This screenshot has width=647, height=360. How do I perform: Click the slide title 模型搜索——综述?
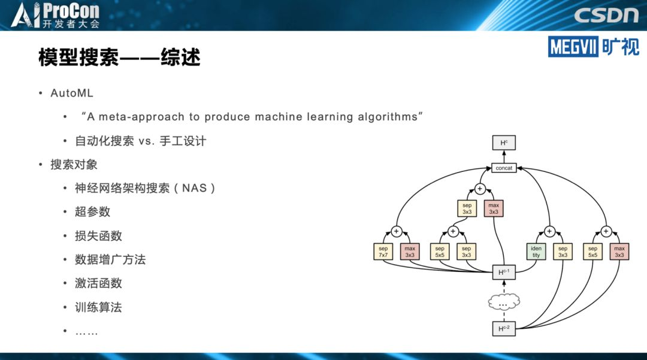coord(119,58)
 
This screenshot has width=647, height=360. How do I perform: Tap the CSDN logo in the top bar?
coord(606,15)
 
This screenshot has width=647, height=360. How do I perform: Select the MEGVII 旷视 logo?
coord(593,46)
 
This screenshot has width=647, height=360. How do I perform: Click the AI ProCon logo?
coord(55,15)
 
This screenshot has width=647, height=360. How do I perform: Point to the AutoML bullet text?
coord(72,93)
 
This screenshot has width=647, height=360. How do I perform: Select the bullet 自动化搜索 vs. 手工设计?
coord(140,141)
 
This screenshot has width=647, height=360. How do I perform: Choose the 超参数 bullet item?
coord(92,212)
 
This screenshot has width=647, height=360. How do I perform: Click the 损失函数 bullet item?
coord(98,236)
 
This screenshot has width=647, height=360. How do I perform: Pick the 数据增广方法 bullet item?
coord(110,259)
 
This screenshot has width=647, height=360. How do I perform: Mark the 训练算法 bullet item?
coord(98,307)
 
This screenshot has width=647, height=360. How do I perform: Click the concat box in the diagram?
coord(504,168)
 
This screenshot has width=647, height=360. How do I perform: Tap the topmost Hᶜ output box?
coord(504,143)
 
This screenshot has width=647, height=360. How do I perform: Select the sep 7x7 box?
coord(383,252)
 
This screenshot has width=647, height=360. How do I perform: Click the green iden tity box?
coord(536,252)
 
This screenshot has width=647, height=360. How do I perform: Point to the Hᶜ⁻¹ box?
coord(504,273)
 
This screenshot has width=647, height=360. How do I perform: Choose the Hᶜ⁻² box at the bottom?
coord(504,328)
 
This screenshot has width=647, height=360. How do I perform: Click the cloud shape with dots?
coord(504,303)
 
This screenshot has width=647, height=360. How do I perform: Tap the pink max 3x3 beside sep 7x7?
coord(410,252)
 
